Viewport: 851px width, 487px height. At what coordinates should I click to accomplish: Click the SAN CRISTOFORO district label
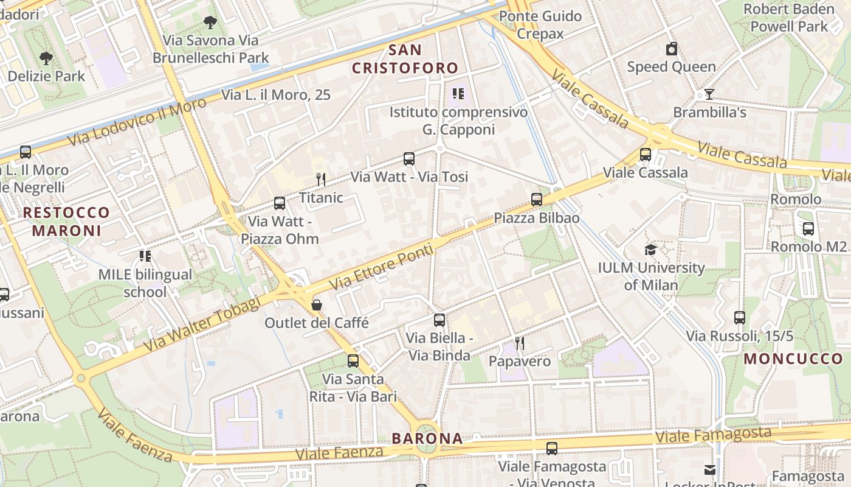click(405, 59)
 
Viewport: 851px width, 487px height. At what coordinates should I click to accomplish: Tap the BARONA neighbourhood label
click(427, 438)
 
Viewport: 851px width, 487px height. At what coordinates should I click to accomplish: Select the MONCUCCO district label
click(793, 359)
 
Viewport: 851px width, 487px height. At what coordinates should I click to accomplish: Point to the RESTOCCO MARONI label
click(67, 222)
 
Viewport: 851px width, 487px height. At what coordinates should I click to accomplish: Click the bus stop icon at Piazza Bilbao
click(536, 200)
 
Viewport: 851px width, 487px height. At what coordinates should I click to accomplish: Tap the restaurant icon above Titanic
click(321, 179)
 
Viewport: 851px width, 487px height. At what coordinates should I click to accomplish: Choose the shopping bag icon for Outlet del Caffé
click(317, 304)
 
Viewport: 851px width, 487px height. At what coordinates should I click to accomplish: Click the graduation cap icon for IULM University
click(650, 250)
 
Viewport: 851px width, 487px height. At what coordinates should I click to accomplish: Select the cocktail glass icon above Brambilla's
click(709, 94)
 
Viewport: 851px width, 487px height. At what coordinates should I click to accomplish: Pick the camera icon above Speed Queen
click(672, 49)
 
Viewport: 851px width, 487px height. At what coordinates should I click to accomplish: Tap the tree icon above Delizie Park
click(46, 58)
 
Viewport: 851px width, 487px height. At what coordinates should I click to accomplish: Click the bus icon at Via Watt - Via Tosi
click(409, 159)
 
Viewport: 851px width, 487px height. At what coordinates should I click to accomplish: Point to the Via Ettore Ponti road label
click(382, 267)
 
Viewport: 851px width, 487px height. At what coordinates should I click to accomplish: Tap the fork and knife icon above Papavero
click(520, 343)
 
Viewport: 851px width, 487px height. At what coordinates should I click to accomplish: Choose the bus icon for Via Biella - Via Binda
click(439, 320)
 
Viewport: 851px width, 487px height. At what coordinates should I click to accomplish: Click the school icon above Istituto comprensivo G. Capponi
click(458, 94)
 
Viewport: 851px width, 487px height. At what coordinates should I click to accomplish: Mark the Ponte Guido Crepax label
click(540, 24)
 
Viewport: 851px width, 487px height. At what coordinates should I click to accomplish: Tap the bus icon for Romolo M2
click(808, 229)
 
